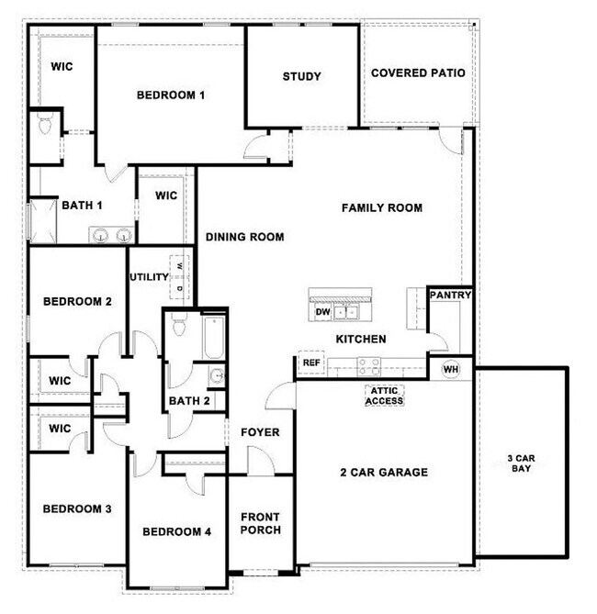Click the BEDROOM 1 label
tap(171, 95)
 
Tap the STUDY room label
tap(301, 76)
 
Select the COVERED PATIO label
tap(418, 73)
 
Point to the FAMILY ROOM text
tap(382, 208)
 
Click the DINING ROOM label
tap(244, 237)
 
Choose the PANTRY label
tap(451, 296)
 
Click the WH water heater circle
tap(451, 369)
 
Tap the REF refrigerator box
tap(311, 363)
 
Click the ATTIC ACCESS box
tap(385, 396)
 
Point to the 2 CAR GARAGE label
tap(385, 473)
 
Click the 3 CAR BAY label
tap(521, 463)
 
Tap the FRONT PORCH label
tap(261, 523)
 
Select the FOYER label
tap(260, 432)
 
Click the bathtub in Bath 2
tap(212, 338)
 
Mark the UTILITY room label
tap(148, 277)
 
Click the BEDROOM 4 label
tap(176, 531)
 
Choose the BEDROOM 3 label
tap(77, 508)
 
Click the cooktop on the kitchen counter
tap(369, 364)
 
